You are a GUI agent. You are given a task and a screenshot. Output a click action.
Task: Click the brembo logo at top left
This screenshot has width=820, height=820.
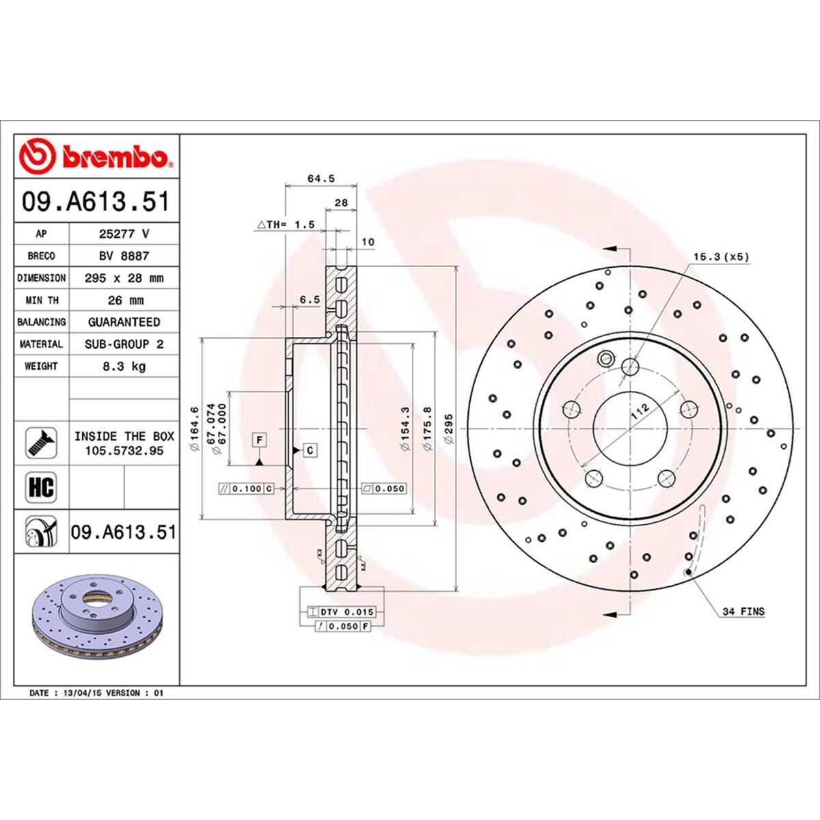[96, 156]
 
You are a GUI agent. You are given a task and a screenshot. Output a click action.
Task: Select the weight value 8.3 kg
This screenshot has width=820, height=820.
[124, 366]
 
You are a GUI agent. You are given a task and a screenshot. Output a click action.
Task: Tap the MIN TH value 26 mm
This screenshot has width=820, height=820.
[124, 300]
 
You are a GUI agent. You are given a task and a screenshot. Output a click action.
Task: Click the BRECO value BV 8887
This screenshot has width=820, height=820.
[124, 256]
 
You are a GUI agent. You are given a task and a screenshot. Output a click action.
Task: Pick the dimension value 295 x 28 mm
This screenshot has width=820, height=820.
[124, 278]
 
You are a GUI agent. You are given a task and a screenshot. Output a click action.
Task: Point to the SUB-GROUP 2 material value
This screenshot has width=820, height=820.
[124, 344]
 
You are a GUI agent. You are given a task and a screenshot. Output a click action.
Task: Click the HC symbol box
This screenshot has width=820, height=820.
[42, 488]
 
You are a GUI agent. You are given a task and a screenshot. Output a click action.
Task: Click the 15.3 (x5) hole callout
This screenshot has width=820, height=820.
[722, 257]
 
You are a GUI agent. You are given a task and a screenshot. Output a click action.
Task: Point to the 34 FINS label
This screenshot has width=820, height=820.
[743, 612]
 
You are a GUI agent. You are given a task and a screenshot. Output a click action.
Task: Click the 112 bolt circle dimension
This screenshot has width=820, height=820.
[639, 411]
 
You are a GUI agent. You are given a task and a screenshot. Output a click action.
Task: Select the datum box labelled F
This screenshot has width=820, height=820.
[260, 440]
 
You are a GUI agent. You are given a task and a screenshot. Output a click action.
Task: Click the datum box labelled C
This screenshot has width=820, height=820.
[310, 450]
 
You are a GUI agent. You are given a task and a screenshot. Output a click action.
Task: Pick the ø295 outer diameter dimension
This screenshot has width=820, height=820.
[448, 428]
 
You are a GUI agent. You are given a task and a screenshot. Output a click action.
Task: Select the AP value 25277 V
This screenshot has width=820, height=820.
[124, 234]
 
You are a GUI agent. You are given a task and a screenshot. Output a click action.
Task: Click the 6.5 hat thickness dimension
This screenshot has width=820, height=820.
[309, 299]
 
